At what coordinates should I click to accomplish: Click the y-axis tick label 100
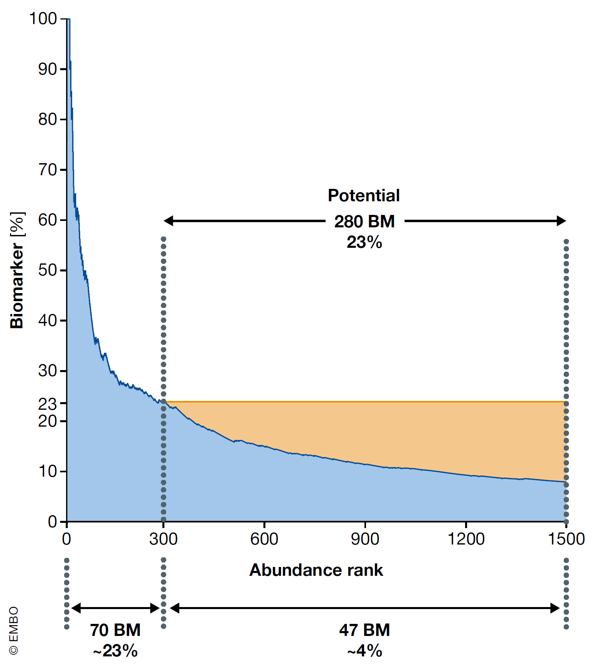pyautogui.click(x=43, y=19)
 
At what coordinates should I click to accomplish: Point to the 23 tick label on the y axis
pyautogui.click(x=47, y=404)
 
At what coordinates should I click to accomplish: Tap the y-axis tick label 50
pyautogui.click(x=47, y=270)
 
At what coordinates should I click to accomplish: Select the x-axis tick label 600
pyautogui.click(x=264, y=539)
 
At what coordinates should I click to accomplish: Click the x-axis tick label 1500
pyautogui.click(x=566, y=539)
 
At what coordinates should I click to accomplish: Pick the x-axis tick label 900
pyautogui.click(x=365, y=539)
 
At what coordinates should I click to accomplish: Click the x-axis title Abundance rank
pyautogui.click(x=316, y=570)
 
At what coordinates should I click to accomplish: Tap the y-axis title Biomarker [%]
pyautogui.click(x=17, y=270)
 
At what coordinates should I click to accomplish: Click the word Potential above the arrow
pyautogui.click(x=364, y=196)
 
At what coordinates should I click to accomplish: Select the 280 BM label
pyautogui.click(x=364, y=221)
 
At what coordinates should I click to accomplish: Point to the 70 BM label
pyautogui.click(x=115, y=630)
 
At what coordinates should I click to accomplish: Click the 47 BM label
pyautogui.click(x=364, y=630)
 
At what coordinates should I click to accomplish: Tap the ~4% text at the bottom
pyautogui.click(x=364, y=651)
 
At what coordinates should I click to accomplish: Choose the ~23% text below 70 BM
pyautogui.click(x=115, y=651)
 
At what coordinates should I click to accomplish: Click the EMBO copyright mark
pyautogui.click(x=14, y=630)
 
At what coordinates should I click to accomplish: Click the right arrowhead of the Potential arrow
pyautogui.click(x=561, y=221)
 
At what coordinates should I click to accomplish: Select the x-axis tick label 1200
pyautogui.click(x=466, y=539)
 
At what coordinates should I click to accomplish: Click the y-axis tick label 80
pyautogui.click(x=47, y=119)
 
